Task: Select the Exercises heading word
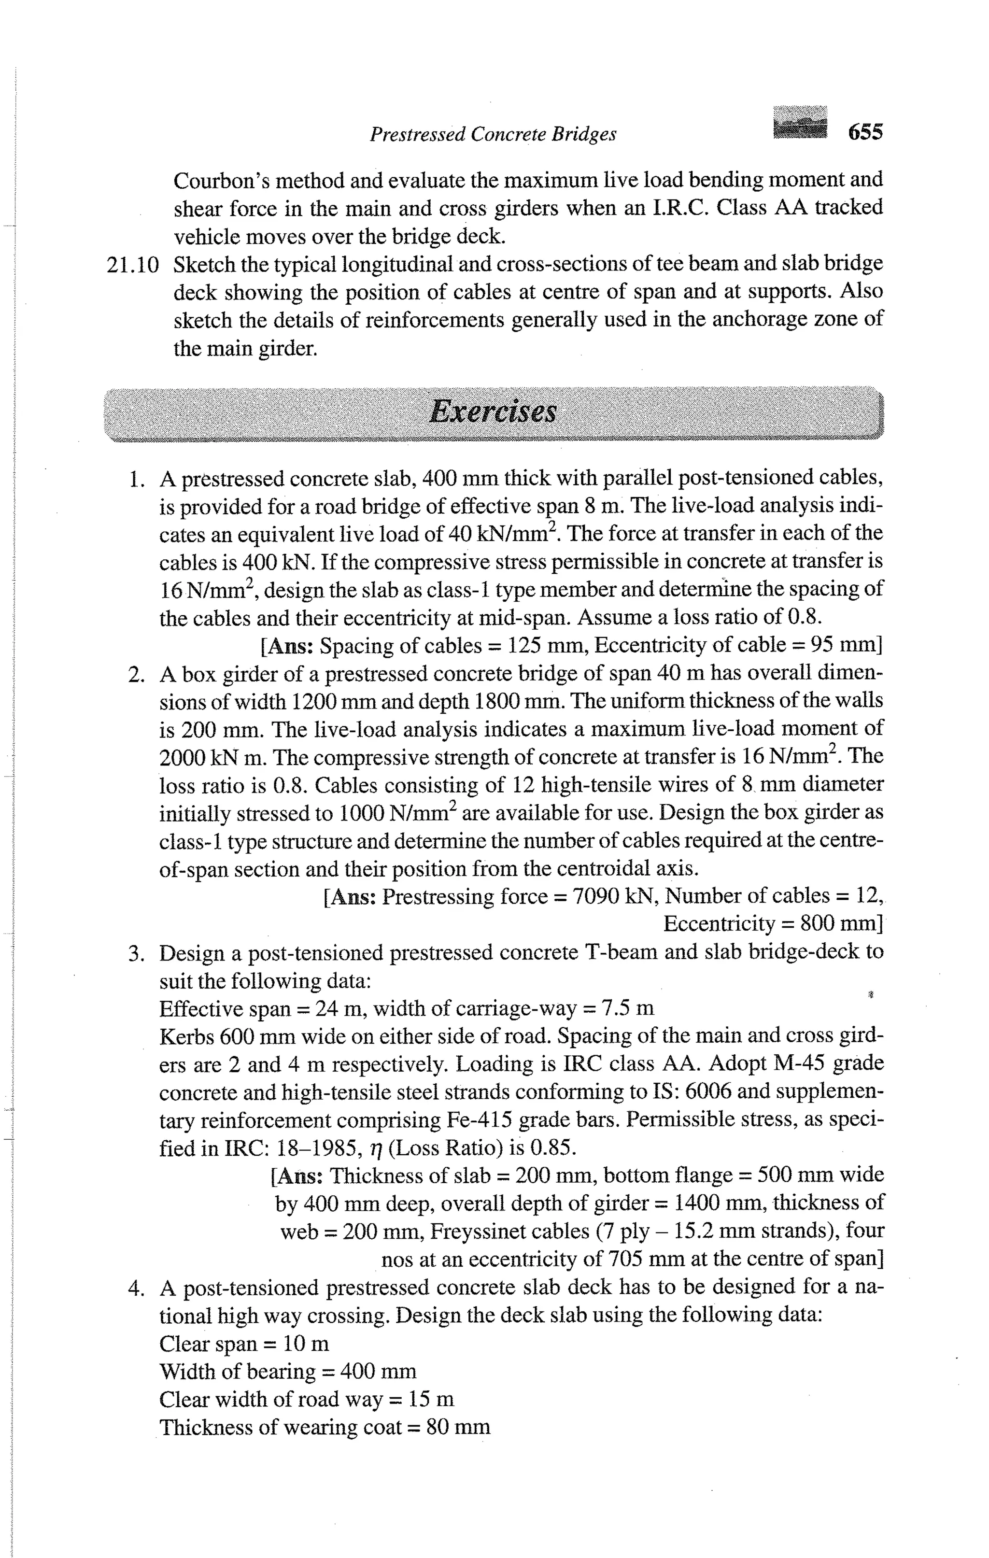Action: [x=493, y=411]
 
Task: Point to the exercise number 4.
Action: [x=135, y=1288]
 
